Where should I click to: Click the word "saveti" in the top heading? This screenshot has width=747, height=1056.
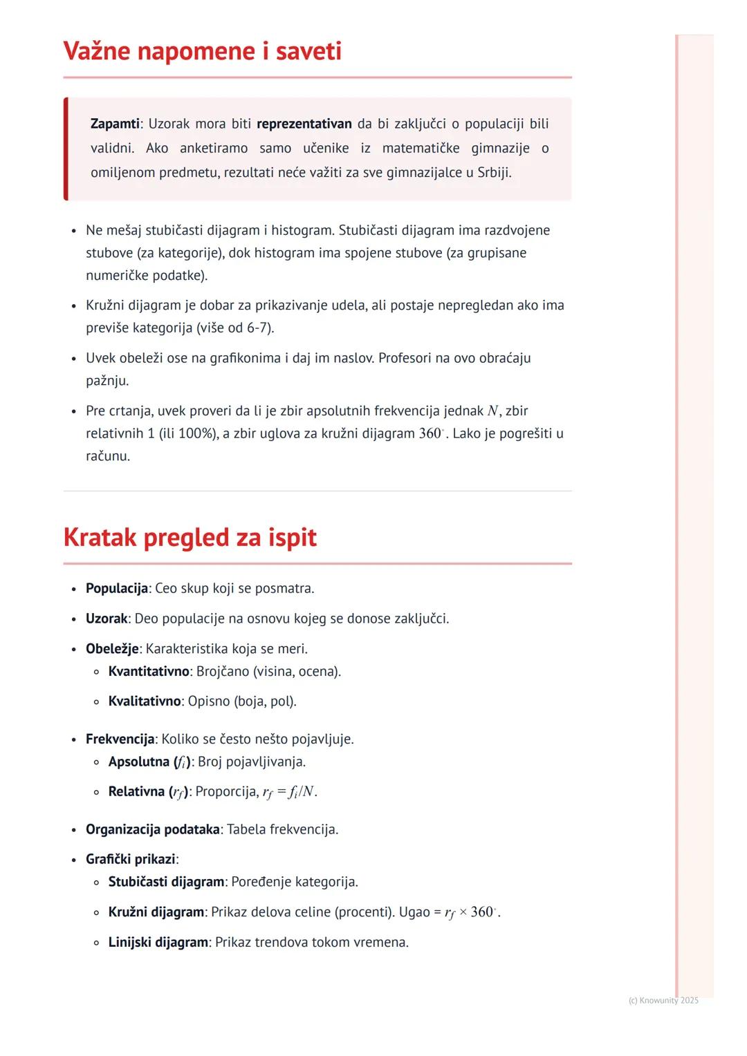click(308, 51)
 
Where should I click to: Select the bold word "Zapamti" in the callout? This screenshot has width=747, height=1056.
click(115, 124)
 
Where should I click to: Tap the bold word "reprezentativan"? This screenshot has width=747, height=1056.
click(304, 124)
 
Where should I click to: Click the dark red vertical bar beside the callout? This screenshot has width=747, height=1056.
click(66, 149)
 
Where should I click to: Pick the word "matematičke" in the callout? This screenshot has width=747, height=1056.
click(421, 148)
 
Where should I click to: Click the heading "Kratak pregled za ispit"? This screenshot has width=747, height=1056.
click(190, 537)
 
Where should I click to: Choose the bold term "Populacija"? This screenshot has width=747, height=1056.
click(116, 588)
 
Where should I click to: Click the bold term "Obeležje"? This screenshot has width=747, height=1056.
click(112, 648)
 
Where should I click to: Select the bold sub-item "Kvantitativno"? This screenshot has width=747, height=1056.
click(149, 671)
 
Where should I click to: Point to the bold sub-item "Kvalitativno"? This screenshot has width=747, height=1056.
click(145, 701)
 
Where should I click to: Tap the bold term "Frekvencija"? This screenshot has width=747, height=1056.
click(120, 739)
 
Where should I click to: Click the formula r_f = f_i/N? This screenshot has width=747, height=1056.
click(289, 792)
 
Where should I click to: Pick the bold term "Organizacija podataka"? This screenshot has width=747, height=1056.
click(152, 829)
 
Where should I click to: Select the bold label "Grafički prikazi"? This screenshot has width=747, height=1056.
click(130, 859)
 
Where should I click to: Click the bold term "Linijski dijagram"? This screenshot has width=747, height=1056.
click(158, 942)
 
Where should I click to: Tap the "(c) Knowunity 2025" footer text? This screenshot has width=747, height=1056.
click(663, 1000)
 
